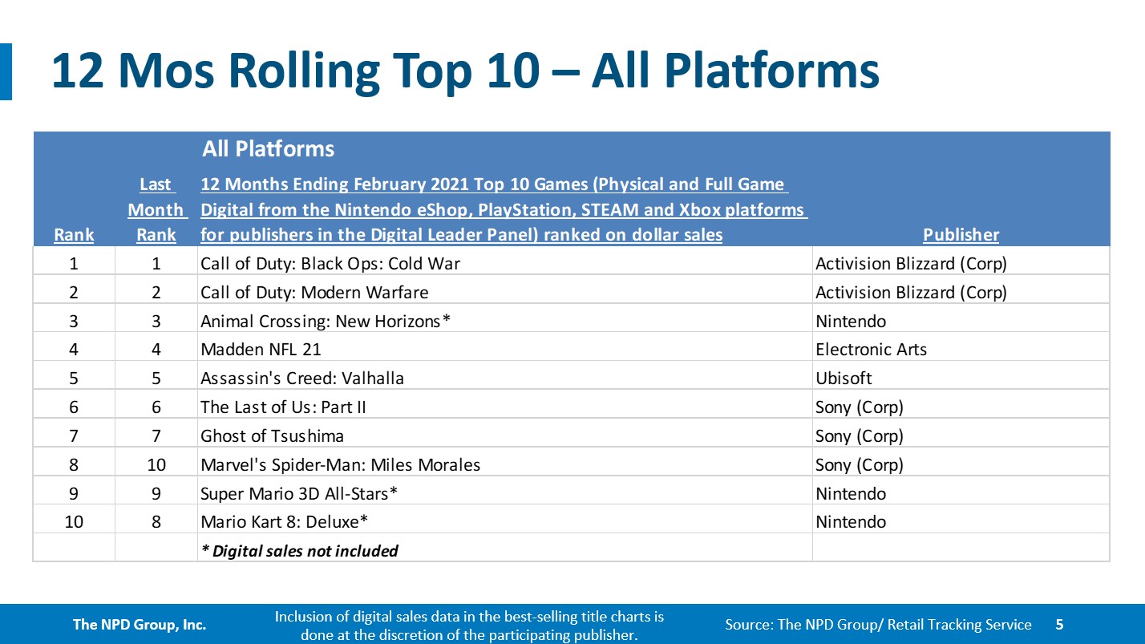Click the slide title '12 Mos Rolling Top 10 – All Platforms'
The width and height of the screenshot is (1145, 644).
pyautogui.click(x=465, y=71)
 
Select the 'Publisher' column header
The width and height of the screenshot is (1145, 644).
pyautogui.click(x=961, y=235)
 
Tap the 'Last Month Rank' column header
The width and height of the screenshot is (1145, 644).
pyautogui.click(x=156, y=209)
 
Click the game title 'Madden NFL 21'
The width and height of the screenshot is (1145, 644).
pyautogui.click(x=261, y=350)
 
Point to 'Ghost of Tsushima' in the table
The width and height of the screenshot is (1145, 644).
pyautogui.click(x=272, y=436)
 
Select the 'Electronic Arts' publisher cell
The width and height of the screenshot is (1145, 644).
pyautogui.click(x=871, y=350)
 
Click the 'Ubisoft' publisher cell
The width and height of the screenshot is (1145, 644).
pyautogui.click(x=844, y=379)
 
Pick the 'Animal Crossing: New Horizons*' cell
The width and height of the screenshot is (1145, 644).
pyautogui.click(x=326, y=321)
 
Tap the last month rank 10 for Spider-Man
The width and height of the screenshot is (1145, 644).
pyautogui.click(x=156, y=464)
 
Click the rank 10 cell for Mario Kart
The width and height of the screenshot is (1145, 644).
pyautogui.click(x=74, y=522)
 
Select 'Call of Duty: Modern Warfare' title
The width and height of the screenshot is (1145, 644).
pyautogui.click(x=314, y=293)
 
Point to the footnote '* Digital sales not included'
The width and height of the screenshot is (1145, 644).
pyautogui.click(x=300, y=551)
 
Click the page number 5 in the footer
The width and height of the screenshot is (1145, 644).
pyautogui.click(x=1060, y=624)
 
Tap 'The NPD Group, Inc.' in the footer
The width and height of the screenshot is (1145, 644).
pyautogui.click(x=139, y=624)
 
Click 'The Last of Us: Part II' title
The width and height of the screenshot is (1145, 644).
pyautogui.click(x=283, y=407)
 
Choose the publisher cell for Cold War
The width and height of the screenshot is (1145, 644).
pyautogui.click(x=911, y=264)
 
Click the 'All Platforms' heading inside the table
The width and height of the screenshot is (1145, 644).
pyautogui.click(x=268, y=148)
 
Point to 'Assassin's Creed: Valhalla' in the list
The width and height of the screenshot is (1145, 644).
pyautogui.click(x=302, y=379)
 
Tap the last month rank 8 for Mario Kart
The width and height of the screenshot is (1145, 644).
pyautogui.click(x=156, y=522)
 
